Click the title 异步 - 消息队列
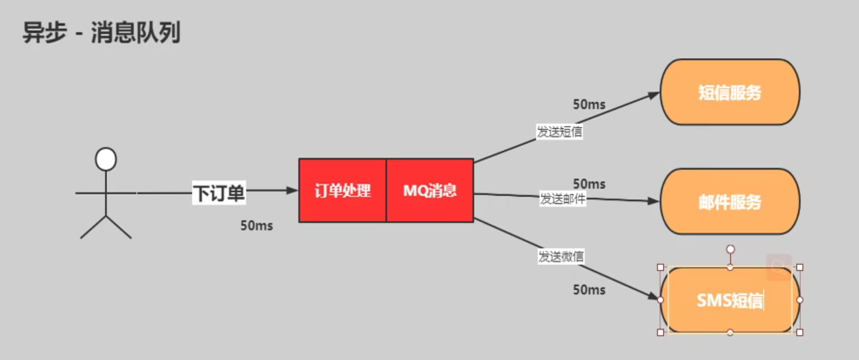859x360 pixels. click(102, 33)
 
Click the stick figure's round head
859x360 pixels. click(106, 159)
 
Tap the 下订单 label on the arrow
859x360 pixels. click(219, 193)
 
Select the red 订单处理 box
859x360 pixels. click(342, 190)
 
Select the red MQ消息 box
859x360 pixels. click(430, 190)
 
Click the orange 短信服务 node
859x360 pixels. click(730, 92)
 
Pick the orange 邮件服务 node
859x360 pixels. click(730, 201)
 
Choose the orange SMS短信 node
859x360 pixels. click(730, 300)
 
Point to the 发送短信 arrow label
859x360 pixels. click(560, 132)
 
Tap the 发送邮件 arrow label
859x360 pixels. click(562, 199)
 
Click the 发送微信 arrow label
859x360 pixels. click(561, 256)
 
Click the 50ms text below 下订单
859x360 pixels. click(257, 226)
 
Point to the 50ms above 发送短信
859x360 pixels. click(589, 105)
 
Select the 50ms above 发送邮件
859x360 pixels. click(589, 184)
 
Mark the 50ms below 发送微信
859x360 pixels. click(589, 290)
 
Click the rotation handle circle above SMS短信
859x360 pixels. click(730, 250)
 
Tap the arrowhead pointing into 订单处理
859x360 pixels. click(292, 190)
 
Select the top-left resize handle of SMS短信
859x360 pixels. click(661, 267)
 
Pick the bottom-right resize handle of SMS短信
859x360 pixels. click(800, 332)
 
